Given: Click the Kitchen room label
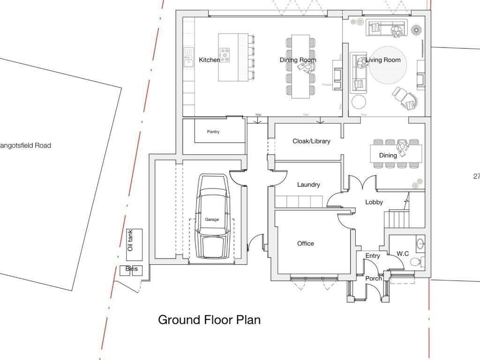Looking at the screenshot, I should (x=209, y=60).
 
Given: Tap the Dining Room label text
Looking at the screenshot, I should (x=298, y=60).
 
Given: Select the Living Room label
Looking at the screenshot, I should (x=383, y=60).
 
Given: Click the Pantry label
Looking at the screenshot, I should (x=213, y=132).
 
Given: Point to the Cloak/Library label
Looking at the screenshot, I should (x=311, y=141).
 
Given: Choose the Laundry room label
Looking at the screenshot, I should (x=308, y=185).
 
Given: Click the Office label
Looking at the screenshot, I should (x=306, y=243).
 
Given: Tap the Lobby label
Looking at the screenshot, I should (x=374, y=202).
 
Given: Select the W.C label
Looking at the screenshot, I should (x=403, y=254).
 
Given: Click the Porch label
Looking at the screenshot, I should (x=374, y=278).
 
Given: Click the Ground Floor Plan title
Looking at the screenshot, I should (x=209, y=320).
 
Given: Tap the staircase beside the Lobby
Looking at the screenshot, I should (x=397, y=219).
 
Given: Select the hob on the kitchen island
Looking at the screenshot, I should (x=224, y=55).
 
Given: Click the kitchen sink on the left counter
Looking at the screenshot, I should (x=188, y=58).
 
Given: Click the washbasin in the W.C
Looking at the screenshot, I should (x=420, y=243).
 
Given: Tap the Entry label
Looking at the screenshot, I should (x=373, y=256).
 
